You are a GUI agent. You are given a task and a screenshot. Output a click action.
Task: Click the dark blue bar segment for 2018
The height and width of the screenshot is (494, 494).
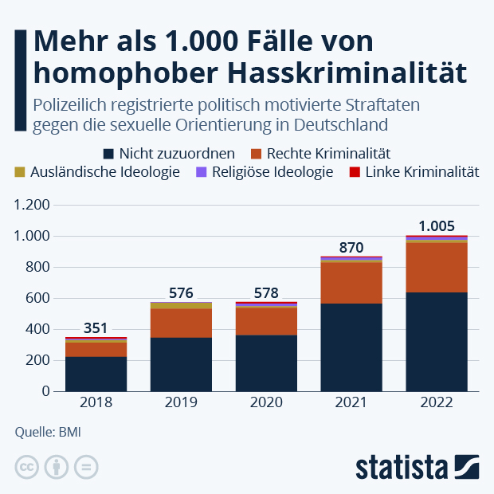pyautogui.click(x=96, y=374)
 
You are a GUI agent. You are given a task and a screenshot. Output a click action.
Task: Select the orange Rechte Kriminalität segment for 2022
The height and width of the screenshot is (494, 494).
pyautogui.click(x=437, y=267)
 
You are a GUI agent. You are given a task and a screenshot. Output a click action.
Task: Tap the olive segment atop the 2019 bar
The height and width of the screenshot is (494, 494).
pyautogui.click(x=181, y=305)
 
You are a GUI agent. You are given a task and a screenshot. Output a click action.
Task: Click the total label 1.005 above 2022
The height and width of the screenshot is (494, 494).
pyautogui.click(x=437, y=225)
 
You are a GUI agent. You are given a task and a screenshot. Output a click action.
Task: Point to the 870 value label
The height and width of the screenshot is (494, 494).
pyautogui.click(x=351, y=247)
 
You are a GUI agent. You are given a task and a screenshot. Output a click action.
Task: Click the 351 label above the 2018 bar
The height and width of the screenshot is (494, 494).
pyautogui.click(x=96, y=327)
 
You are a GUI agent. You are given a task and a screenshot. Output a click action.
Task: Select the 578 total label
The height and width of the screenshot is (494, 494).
pyautogui.click(x=266, y=292)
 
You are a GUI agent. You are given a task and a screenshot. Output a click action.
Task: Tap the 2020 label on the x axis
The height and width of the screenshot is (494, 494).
pyautogui.click(x=266, y=403)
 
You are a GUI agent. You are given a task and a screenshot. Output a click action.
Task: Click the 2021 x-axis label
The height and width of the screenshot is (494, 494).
pyautogui.click(x=351, y=403)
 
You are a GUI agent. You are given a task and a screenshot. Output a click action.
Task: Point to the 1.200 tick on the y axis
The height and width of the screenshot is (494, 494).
pyautogui.click(x=32, y=205)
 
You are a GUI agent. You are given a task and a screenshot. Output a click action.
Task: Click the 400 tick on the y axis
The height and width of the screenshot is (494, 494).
pyautogui.click(x=37, y=329)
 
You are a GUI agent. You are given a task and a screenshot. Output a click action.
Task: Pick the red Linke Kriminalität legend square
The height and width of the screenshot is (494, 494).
pyautogui.click(x=355, y=171)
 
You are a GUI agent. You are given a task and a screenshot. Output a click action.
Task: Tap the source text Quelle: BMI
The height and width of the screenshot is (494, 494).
pyautogui.click(x=48, y=433)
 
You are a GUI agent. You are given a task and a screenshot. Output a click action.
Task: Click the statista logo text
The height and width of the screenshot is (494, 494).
pyautogui.click(x=402, y=467)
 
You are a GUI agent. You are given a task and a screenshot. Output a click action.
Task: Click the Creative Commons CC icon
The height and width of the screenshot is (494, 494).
pyautogui.click(x=27, y=467)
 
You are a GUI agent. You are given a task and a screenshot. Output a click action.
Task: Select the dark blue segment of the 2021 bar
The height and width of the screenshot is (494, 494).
pyautogui.click(x=351, y=347)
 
